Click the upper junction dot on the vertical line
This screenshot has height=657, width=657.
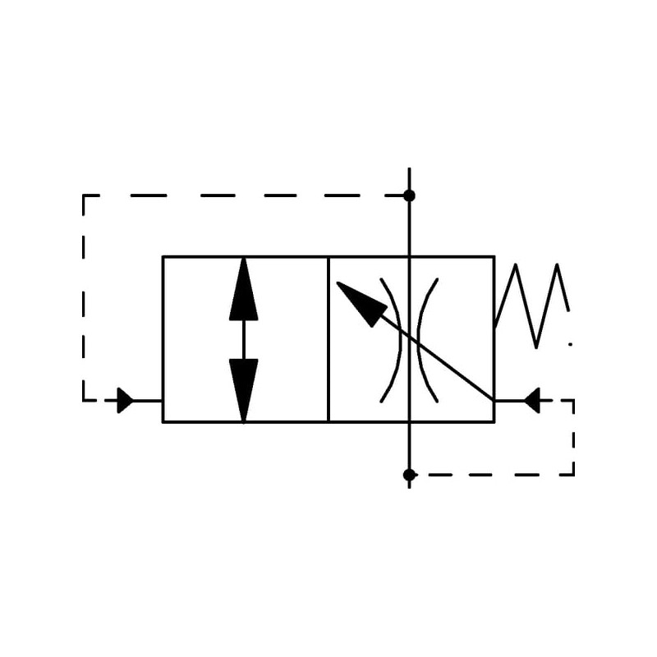coord(409,195)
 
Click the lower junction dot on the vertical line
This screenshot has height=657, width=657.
coord(409,475)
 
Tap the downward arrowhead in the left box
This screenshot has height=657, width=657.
coord(244,389)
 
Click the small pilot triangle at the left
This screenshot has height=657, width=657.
coord(125,401)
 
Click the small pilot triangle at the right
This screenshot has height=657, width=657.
coord(532,401)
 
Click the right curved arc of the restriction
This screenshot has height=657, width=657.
coord(426,339)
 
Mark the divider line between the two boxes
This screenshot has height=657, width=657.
coord(328,339)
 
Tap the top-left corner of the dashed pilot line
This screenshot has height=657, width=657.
coord(84,195)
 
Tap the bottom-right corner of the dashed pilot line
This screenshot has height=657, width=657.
coord(573,475)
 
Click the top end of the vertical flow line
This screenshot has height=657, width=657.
coord(409,169)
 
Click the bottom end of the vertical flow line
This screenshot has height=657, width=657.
coord(409,487)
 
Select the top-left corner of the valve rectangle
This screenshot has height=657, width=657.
coord(163,256)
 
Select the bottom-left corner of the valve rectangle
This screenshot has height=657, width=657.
coord(163,422)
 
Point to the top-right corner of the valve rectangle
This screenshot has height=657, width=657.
coord(494,256)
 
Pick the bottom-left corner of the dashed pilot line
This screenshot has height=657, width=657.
coord(84,401)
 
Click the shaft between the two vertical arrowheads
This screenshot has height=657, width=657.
coord(244,339)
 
